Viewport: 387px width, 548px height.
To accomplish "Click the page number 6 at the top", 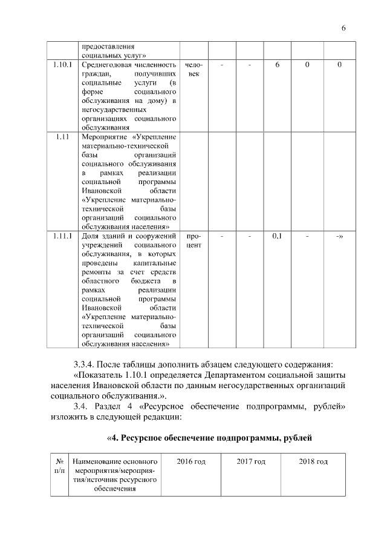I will pos(343,28).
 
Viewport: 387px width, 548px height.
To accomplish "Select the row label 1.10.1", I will pos(62,64).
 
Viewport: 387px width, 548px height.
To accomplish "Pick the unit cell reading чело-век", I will pos(194,68).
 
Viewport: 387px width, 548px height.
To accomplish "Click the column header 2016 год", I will pos(191,462).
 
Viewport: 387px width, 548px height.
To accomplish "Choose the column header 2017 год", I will pos(251,462).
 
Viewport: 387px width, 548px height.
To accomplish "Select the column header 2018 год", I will pos(313,462).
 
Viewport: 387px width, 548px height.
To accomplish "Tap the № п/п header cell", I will pos(60,466).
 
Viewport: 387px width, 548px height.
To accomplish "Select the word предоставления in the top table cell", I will pos(108,46).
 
